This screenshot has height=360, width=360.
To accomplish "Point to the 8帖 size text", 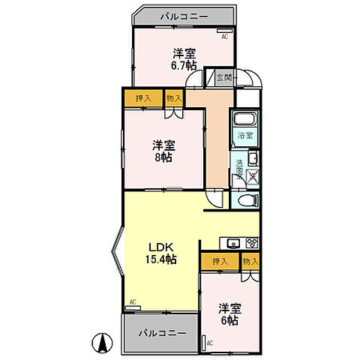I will (164, 157).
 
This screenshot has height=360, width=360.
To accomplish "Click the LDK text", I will (160, 246).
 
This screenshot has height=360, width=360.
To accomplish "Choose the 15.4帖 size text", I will (160, 259).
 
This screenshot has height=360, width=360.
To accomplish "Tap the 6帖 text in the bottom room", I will (229, 320).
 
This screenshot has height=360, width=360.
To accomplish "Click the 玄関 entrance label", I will (223, 77).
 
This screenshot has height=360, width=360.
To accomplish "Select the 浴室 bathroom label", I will (244, 136).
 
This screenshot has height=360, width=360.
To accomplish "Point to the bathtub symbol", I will (244, 119).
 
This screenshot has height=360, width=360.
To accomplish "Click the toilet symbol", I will (250, 200).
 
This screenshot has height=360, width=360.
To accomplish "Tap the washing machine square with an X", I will (250, 176).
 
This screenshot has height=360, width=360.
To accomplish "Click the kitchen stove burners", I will (252, 242).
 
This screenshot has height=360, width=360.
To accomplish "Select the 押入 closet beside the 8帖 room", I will (142, 97).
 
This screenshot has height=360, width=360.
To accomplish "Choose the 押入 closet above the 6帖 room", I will (220, 261).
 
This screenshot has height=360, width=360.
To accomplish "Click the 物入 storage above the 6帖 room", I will (250, 261).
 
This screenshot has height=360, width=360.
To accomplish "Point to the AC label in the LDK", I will (132, 302).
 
